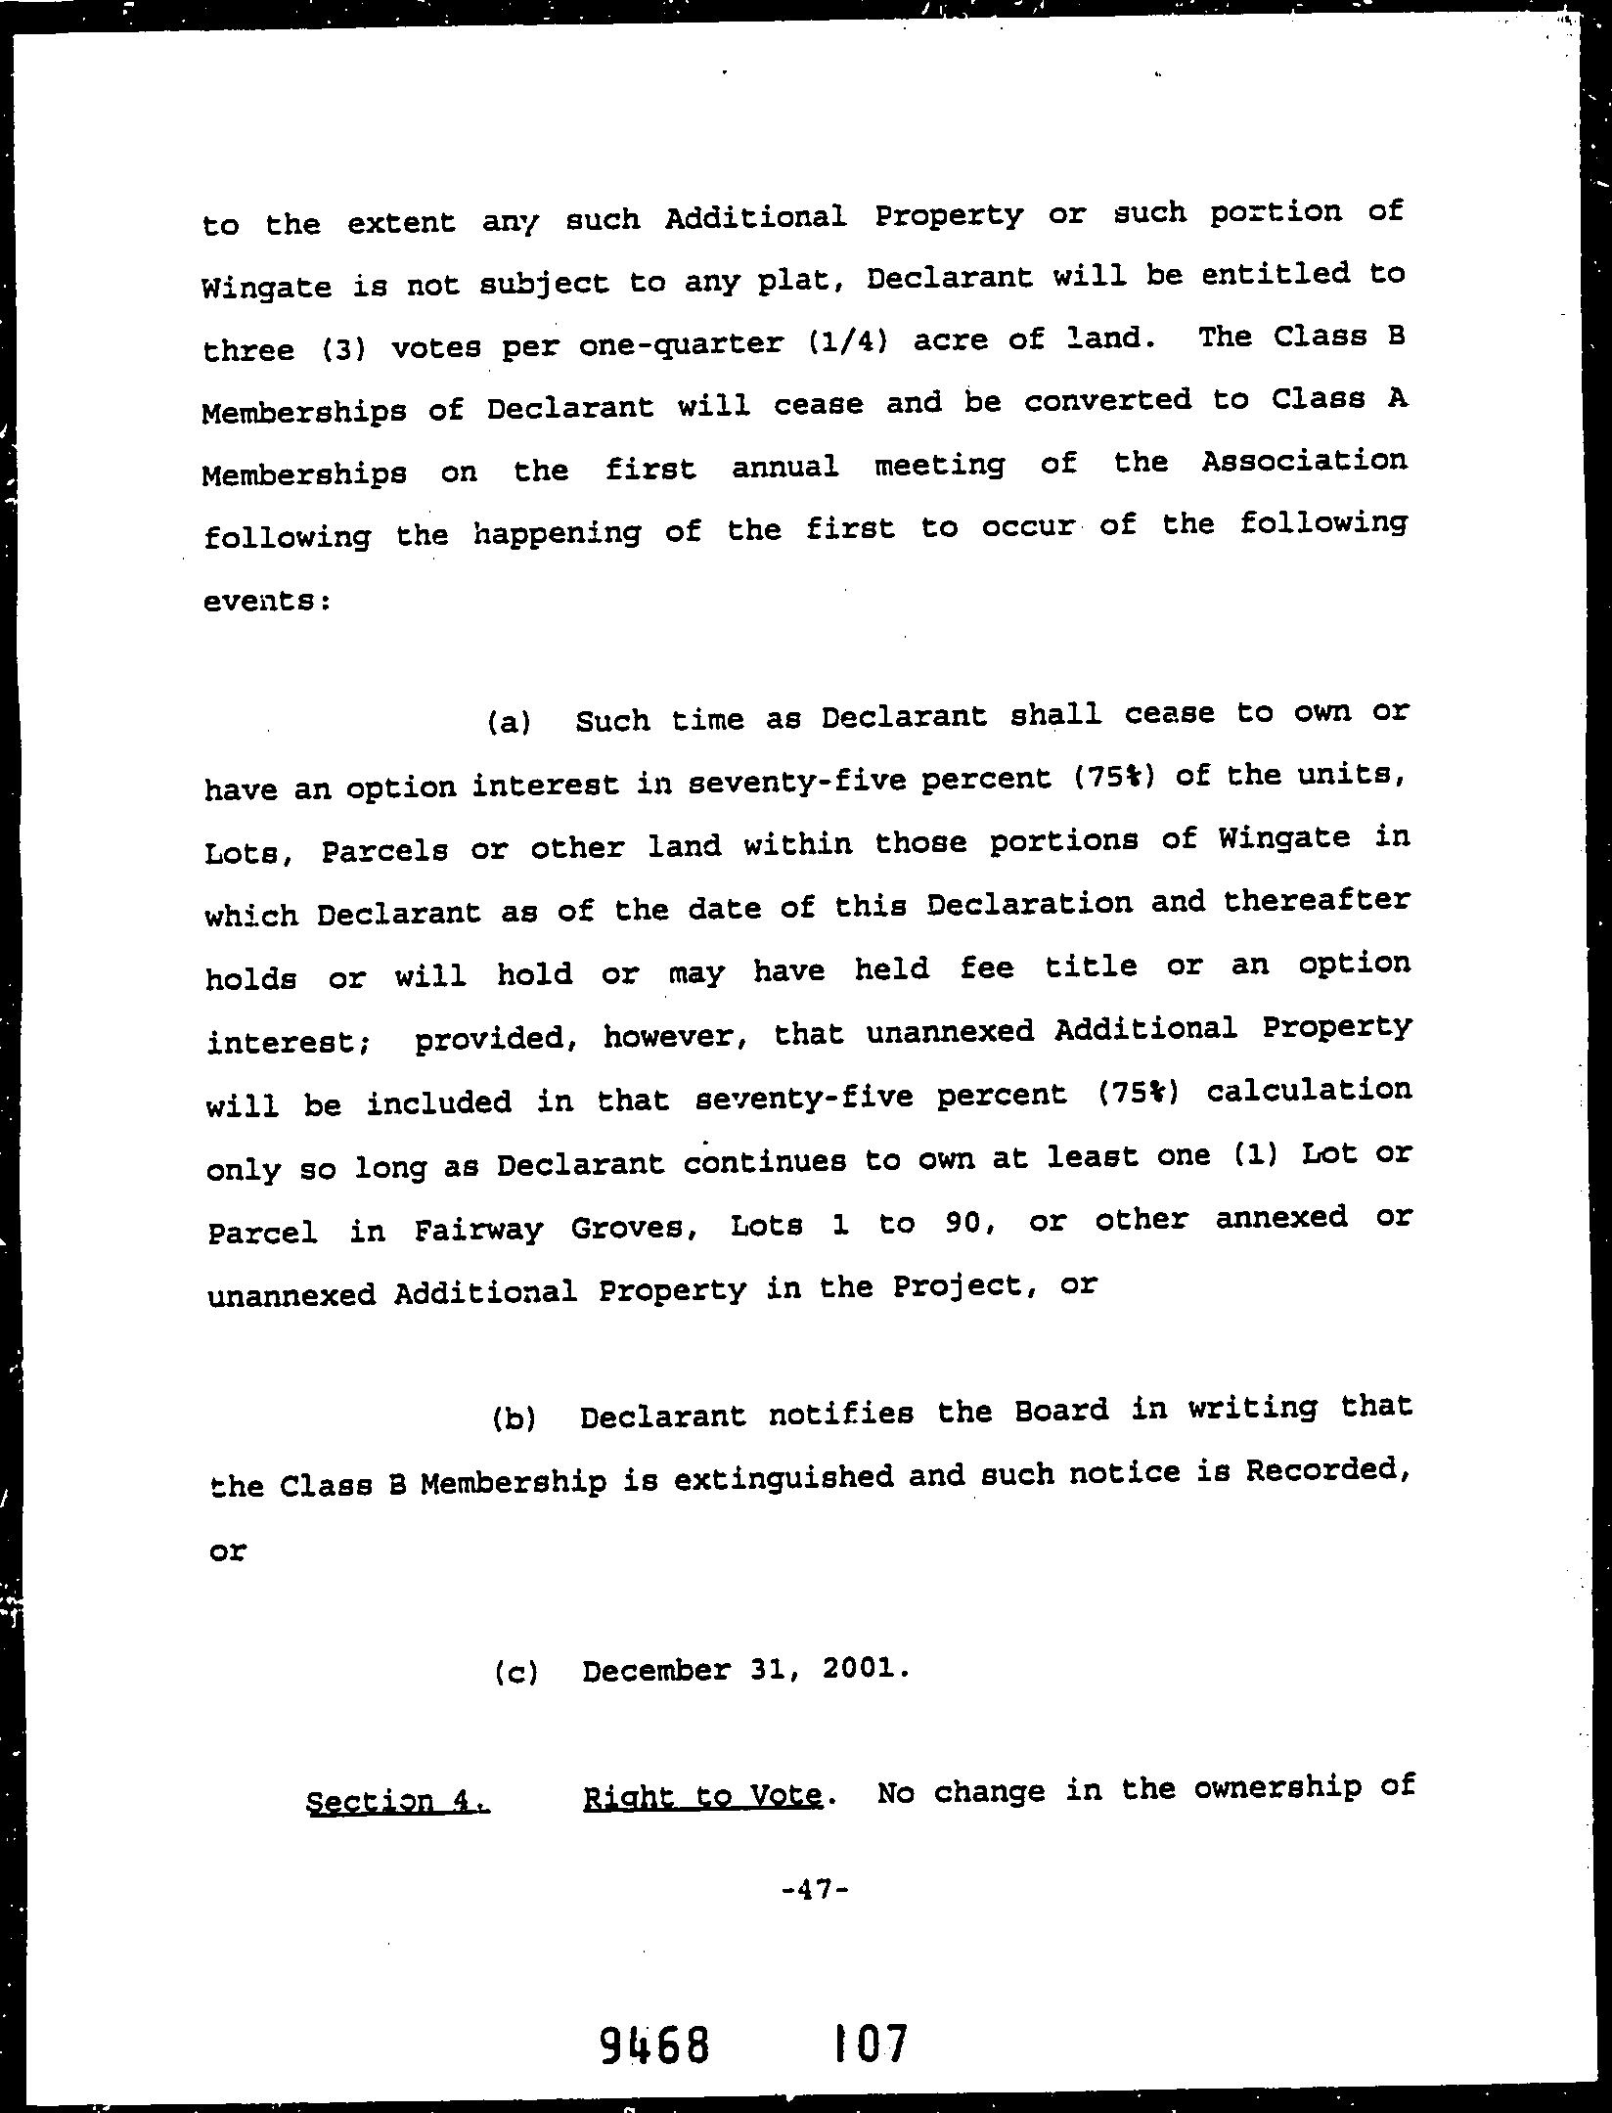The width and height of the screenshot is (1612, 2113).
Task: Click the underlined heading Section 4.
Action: coord(397,1801)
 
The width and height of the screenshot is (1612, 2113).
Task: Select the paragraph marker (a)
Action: coord(509,723)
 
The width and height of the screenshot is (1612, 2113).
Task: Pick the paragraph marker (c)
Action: coord(515,1673)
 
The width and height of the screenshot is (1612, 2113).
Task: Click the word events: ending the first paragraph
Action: coord(267,601)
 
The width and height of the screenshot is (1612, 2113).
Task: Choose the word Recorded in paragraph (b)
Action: coord(1326,1469)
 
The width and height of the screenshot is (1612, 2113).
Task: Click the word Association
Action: coord(1304,460)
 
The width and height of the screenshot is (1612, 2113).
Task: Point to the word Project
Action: coord(968,1286)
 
